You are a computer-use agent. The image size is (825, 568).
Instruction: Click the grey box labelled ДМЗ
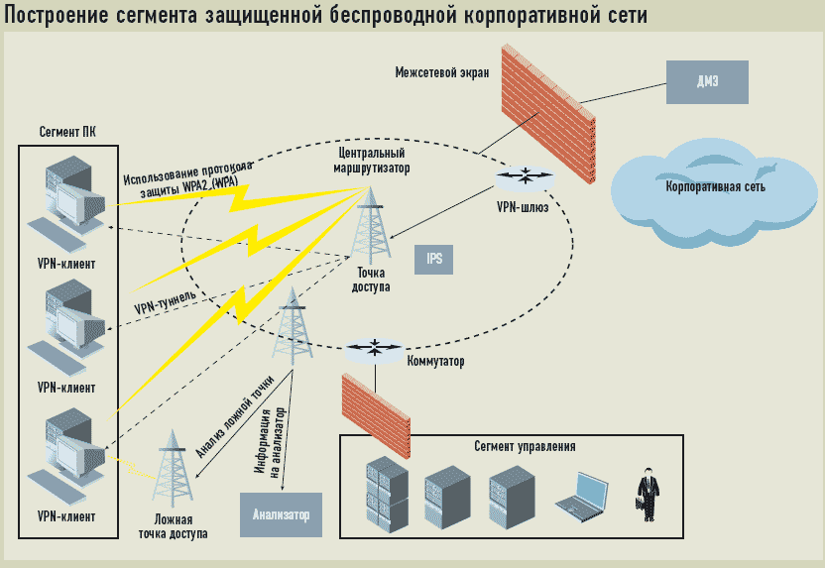707,82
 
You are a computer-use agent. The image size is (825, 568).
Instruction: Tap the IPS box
434,260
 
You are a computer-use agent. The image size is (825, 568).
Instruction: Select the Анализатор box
281,513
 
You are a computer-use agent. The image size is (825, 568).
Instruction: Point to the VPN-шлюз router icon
524,176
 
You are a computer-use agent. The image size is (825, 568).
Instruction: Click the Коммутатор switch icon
375,348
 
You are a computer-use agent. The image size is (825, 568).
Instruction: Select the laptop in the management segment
583,495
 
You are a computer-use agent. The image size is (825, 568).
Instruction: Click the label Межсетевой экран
441,72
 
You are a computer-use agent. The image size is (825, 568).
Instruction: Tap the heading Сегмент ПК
67,133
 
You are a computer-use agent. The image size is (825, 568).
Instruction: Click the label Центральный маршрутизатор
373,161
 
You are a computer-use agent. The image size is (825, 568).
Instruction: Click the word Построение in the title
62,16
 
